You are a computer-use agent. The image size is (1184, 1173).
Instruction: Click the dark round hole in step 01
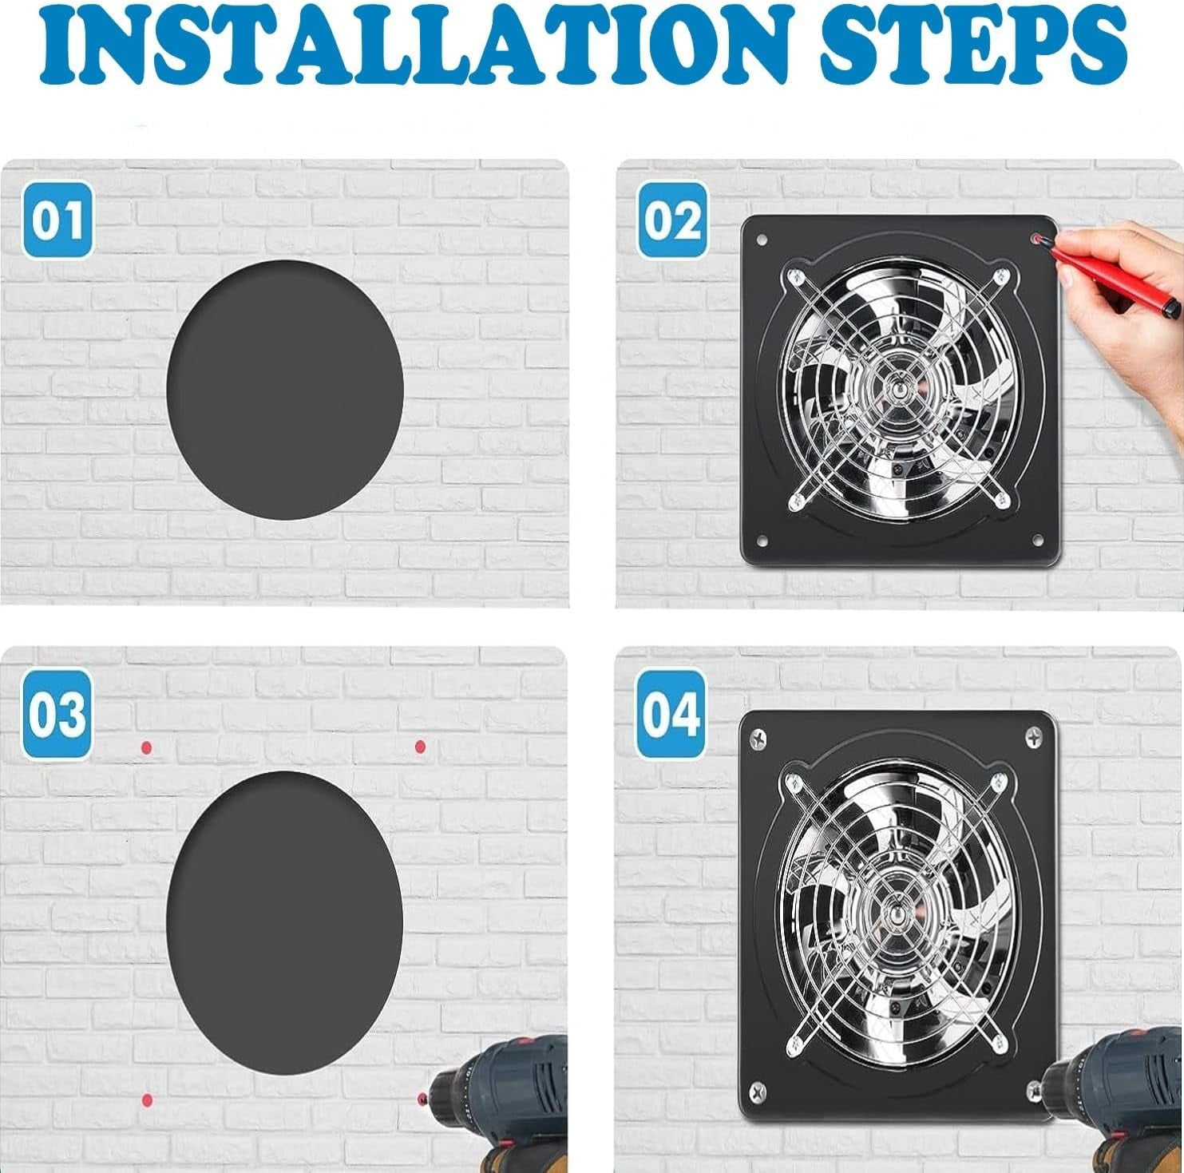pos(285,389)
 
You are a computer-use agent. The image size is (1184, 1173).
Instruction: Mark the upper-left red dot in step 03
pos(146,747)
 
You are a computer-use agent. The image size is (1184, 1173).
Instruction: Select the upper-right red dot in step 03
pos(420,747)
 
